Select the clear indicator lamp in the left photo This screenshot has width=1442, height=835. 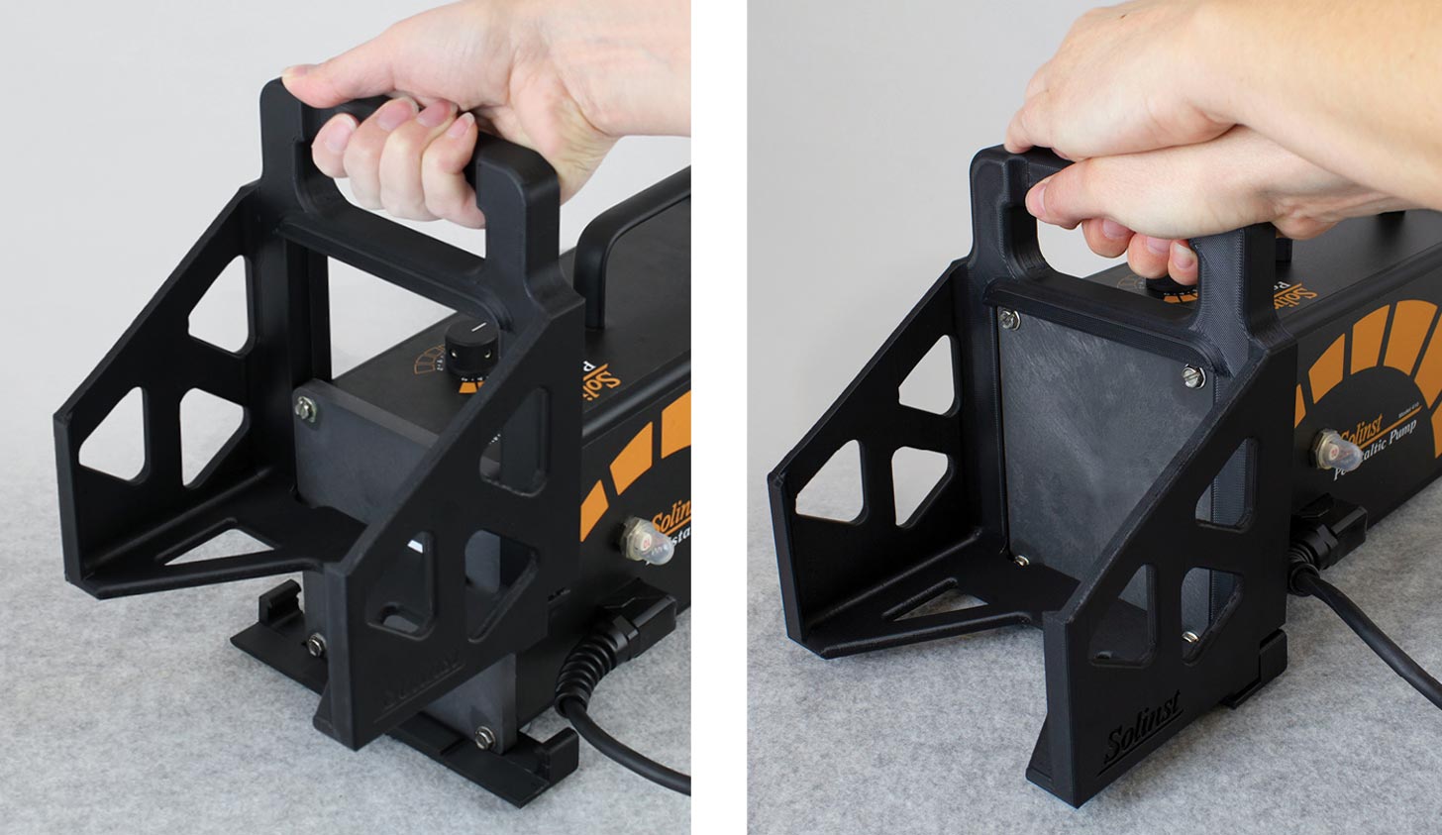tap(646, 541)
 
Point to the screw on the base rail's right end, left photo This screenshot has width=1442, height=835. tap(483, 736)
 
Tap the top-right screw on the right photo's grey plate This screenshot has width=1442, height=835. tap(1193, 374)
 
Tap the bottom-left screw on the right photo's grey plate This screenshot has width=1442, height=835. tap(1022, 561)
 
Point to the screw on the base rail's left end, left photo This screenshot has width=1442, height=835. tap(316, 645)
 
